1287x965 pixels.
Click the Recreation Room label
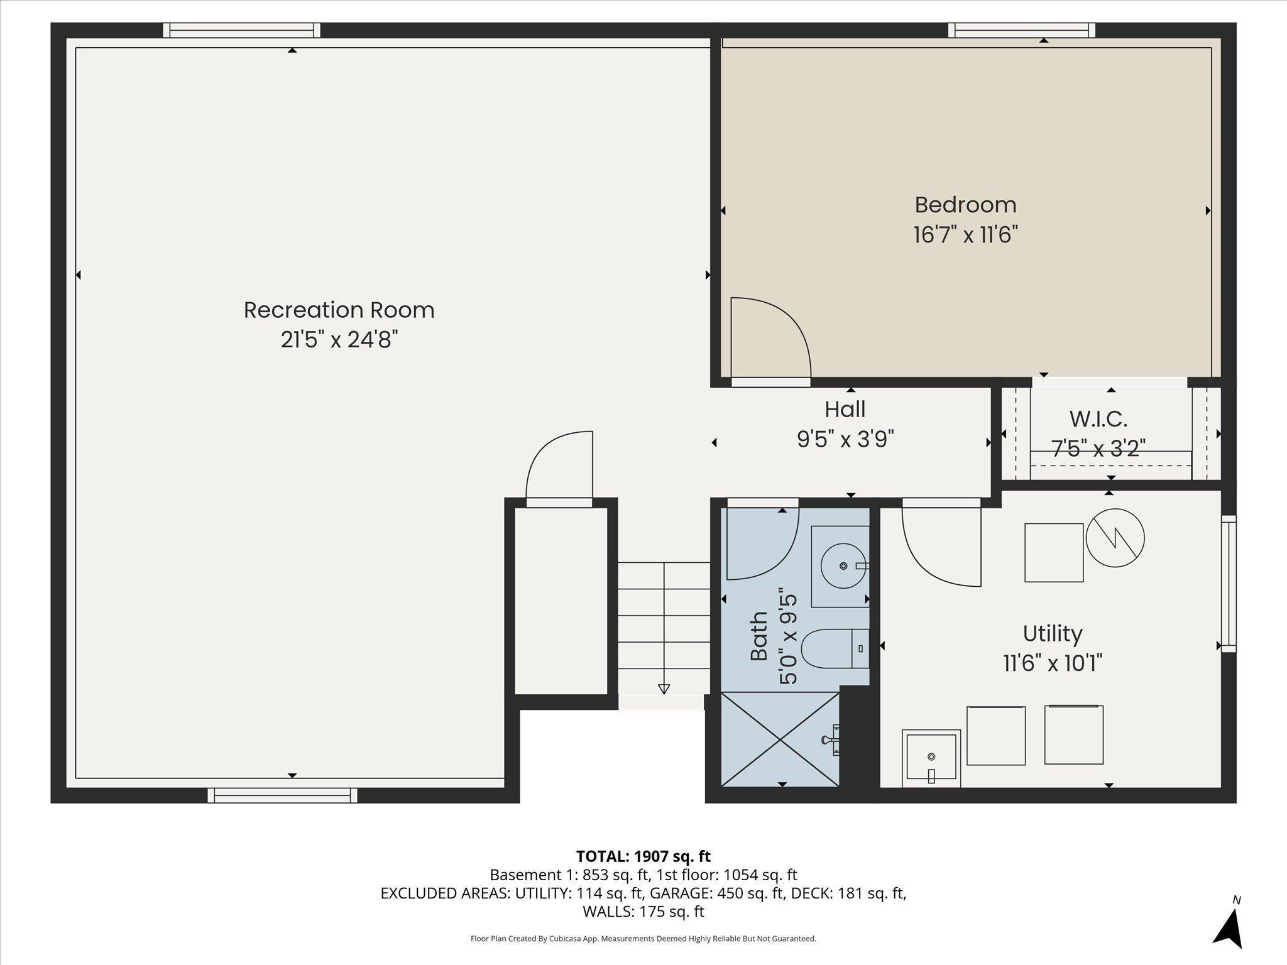(x=339, y=310)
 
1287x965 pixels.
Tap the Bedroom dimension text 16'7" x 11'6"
(x=965, y=235)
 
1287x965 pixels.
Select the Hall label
(x=845, y=410)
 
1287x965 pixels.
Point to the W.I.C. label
(x=1098, y=418)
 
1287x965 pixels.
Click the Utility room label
(x=1053, y=633)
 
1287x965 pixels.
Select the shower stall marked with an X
(x=780, y=739)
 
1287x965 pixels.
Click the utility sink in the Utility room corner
(x=931, y=758)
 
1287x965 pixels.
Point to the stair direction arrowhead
(x=664, y=689)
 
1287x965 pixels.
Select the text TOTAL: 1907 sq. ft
(x=643, y=856)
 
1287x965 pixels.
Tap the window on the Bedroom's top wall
(x=1022, y=30)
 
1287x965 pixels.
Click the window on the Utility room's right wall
(x=1229, y=584)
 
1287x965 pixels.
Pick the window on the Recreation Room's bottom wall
(x=283, y=795)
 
